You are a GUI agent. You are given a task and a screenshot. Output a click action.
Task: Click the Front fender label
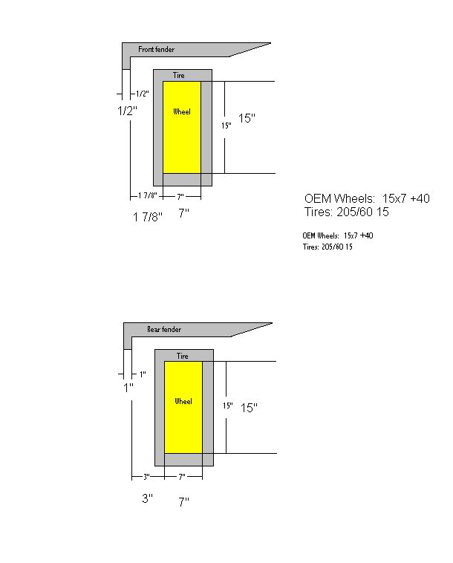(156, 49)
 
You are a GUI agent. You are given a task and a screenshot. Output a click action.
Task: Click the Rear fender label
(164, 329)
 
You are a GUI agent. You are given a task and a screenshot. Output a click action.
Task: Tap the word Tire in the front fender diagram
(178, 75)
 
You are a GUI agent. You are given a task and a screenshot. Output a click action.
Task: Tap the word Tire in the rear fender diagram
(183, 356)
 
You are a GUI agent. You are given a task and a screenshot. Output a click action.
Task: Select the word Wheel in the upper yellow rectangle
(182, 111)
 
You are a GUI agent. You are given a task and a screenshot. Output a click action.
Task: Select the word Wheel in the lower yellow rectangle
(183, 401)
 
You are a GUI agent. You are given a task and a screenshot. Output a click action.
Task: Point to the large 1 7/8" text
(148, 217)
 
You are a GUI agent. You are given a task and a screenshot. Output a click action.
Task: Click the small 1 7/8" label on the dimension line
(148, 195)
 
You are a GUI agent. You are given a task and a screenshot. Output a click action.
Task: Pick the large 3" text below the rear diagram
(148, 498)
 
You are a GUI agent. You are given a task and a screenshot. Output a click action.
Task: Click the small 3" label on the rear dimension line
(146, 477)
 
